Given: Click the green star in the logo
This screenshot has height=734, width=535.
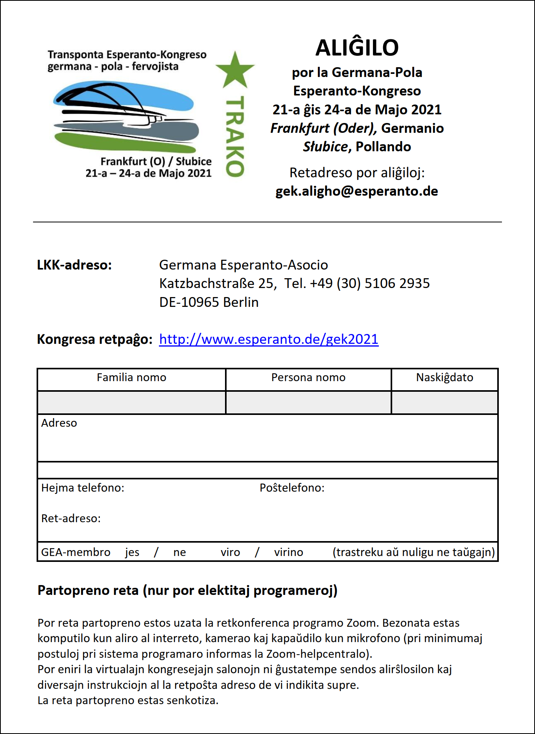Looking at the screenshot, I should [x=235, y=71].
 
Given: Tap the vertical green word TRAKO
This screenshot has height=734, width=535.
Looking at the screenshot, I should [x=235, y=136].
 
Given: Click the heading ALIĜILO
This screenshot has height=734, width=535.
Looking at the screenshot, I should [x=357, y=48].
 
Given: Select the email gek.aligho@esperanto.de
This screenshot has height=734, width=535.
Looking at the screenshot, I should [x=356, y=191].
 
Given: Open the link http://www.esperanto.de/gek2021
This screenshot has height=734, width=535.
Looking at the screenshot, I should [x=269, y=339].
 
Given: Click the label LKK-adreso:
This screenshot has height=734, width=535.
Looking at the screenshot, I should [x=74, y=265].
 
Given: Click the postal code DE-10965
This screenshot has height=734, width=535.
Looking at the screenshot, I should [x=189, y=302].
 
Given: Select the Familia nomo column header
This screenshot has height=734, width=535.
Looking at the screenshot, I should [x=131, y=378].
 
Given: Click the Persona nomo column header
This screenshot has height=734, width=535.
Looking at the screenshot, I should [x=308, y=378].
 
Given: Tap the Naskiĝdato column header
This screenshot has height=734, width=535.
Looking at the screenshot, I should [x=445, y=378].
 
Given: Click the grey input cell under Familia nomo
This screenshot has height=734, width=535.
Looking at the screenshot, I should [x=131, y=402].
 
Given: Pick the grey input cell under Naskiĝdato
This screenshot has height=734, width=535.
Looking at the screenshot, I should [x=445, y=402].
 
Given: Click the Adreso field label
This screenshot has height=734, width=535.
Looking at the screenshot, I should [x=59, y=423].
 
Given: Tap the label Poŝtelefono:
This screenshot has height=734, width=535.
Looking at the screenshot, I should [x=292, y=488].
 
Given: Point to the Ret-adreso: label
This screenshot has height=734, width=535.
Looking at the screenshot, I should [x=71, y=519].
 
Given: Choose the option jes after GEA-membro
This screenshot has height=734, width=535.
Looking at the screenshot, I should [x=132, y=552].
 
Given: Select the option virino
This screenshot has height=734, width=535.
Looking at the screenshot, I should [x=288, y=552].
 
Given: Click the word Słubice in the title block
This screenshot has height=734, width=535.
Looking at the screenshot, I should [x=325, y=147].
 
